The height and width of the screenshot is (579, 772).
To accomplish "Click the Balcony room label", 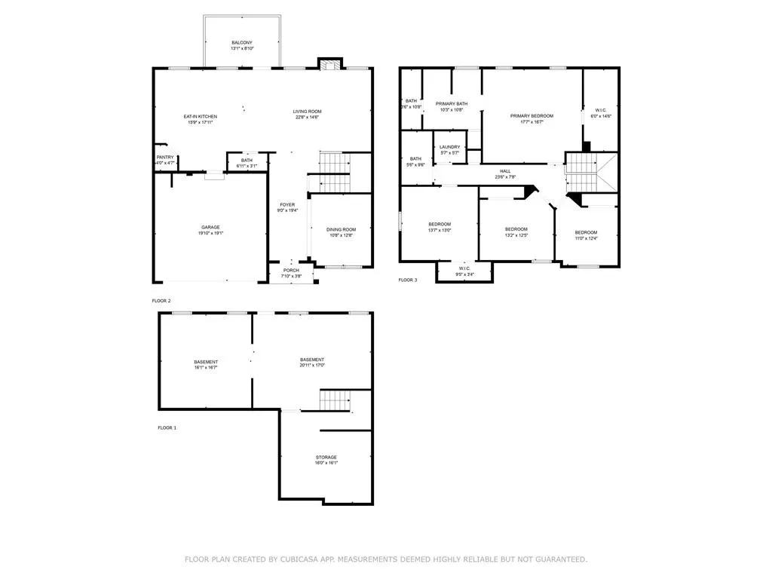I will (x=242, y=42).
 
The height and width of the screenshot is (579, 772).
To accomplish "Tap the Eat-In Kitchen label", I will (x=201, y=116).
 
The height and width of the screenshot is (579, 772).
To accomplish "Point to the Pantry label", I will (x=165, y=157).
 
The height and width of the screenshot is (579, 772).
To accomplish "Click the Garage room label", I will (x=210, y=227).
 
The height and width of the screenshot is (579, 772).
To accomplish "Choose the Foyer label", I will (x=288, y=204).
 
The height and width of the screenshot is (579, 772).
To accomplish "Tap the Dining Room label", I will (x=340, y=229).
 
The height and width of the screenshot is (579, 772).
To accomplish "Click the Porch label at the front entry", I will (x=291, y=271).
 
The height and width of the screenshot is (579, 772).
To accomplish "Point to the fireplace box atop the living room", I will (x=328, y=64).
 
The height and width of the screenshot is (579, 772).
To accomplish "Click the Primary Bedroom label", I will (x=532, y=115).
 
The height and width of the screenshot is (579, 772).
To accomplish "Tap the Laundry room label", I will (x=449, y=147).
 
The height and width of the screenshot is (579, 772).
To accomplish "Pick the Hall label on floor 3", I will (x=505, y=170).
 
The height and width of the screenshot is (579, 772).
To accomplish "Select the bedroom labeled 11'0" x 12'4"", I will (x=586, y=232).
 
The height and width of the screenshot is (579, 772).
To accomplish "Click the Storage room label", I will (x=326, y=457).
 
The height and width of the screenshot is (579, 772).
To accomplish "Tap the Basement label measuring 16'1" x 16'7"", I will (x=206, y=362).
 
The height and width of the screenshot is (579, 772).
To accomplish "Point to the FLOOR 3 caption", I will (x=407, y=280).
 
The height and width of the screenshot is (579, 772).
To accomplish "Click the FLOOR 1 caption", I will (x=167, y=427).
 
